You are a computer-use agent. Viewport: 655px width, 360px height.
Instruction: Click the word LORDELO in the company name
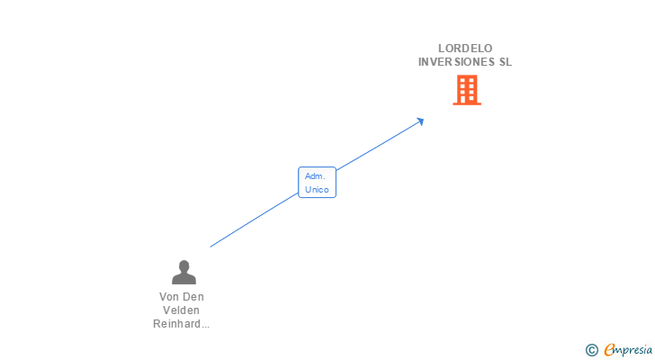[465, 49]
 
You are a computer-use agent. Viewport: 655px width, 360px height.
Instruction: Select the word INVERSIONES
[451, 62]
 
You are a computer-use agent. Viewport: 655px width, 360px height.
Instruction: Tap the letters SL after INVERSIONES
[504, 62]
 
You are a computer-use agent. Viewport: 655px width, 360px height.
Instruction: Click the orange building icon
[466, 90]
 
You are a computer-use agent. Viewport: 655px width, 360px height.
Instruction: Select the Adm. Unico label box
[317, 183]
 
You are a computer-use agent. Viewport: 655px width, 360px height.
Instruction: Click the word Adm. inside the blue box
[315, 176]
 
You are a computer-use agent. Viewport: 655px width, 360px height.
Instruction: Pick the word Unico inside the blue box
[317, 190]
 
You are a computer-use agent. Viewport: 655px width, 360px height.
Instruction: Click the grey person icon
[184, 272]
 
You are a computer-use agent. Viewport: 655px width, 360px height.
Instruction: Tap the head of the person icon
[184, 265]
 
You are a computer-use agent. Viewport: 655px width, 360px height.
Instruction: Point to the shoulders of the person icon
[184, 279]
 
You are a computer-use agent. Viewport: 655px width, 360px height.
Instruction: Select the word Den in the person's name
[193, 297]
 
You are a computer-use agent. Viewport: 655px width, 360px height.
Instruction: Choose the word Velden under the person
[182, 310]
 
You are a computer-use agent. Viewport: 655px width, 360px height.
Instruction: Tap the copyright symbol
[591, 350]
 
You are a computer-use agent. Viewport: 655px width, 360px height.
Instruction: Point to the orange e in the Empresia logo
[609, 350]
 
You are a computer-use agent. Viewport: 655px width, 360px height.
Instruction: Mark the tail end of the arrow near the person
[211, 246]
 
